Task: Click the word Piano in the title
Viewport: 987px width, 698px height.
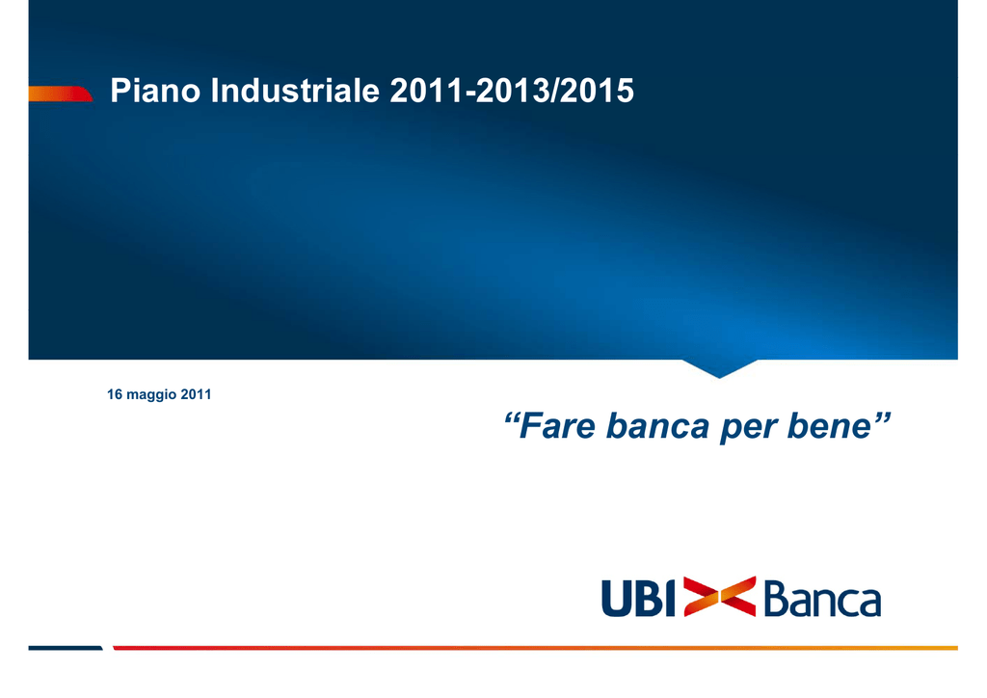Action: (x=155, y=90)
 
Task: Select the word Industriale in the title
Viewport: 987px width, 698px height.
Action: (x=295, y=90)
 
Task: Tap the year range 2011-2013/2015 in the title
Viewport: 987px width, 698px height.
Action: (x=512, y=90)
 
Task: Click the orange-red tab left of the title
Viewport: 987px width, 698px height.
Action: (x=61, y=94)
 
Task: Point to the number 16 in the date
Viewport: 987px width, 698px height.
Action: (x=115, y=394)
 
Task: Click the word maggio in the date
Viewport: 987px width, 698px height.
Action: (x=151, y=395)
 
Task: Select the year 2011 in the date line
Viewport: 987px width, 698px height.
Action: (x=196, y=394)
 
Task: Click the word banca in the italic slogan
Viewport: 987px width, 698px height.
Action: (x=657, y=426)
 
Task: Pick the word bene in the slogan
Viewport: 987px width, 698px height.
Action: (x=830, y=426)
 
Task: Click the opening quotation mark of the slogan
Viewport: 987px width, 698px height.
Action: (x=512, y=417)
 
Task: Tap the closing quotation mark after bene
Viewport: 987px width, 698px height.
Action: (x=883, y=417)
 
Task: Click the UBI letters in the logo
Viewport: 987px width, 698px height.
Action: (x=638, y=598)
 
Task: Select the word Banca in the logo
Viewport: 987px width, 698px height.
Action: (x=822, y=599)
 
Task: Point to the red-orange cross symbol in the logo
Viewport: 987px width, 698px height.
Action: (x=719, y=596)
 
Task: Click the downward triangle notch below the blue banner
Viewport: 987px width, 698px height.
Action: (x=719, y=368)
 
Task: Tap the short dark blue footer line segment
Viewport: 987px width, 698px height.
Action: (x=66, y=648)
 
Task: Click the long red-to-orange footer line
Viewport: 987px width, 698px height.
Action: (x=535, y=648)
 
